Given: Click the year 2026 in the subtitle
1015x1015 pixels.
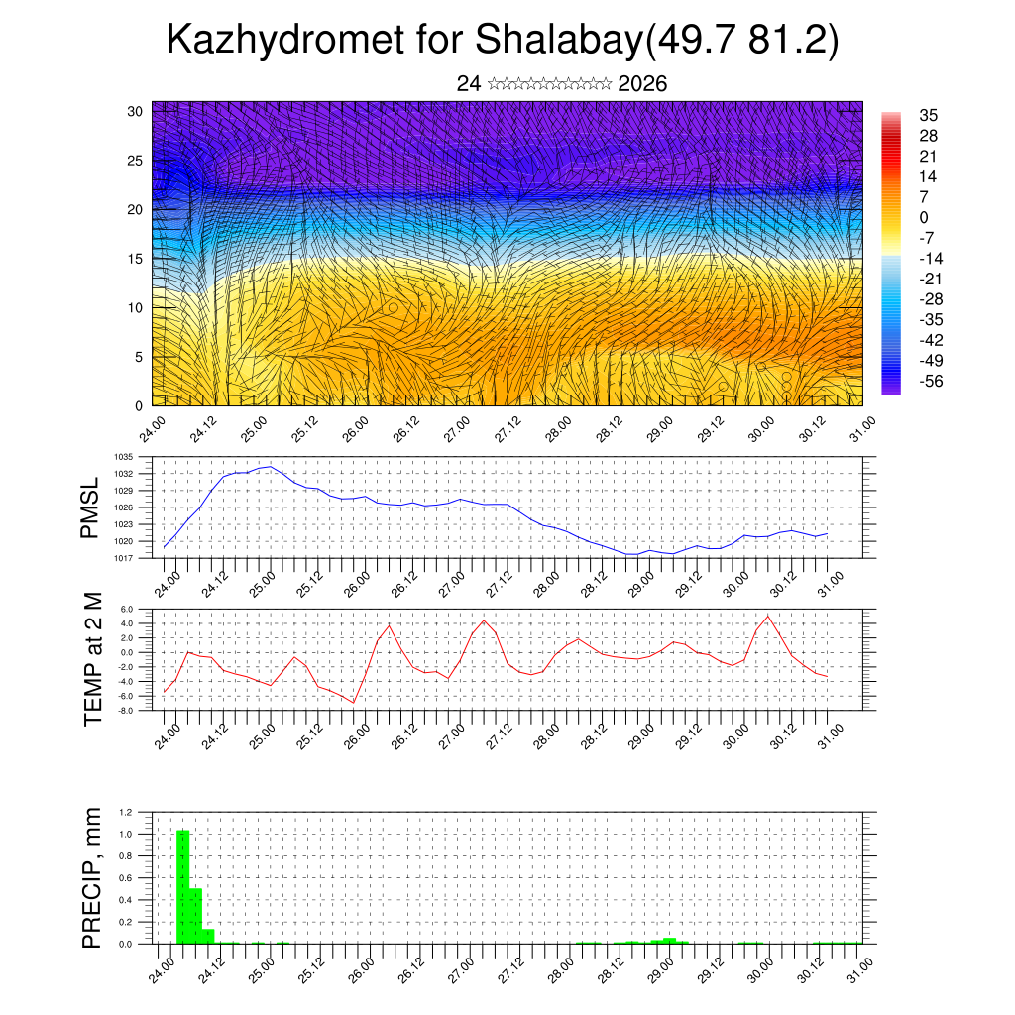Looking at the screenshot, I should tap(642, 84).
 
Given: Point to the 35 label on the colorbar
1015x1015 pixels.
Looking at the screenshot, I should tap(929, 115).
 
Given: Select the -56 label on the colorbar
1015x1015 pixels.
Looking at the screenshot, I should tap(931, 380).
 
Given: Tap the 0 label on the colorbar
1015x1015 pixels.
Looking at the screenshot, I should tap(924, 217).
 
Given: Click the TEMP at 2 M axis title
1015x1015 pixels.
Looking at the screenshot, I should tap(93, 659).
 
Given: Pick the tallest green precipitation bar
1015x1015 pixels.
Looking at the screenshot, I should tap(182, 887).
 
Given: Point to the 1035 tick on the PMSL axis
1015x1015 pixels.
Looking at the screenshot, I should tap(124, 457).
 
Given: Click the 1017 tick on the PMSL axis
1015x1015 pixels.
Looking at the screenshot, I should tap(124, 558).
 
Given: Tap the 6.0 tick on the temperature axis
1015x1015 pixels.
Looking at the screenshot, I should tap(126, 610).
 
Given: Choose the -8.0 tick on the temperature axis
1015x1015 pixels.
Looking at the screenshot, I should tap(126, 711).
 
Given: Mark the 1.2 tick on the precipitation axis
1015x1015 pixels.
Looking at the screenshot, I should tap(126, 812).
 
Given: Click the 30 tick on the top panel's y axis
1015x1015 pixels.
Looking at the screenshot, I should tap(135, 110).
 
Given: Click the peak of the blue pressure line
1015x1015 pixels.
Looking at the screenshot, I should tap(270, 466).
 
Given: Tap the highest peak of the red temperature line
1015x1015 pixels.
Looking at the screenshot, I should tap(768, 616).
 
